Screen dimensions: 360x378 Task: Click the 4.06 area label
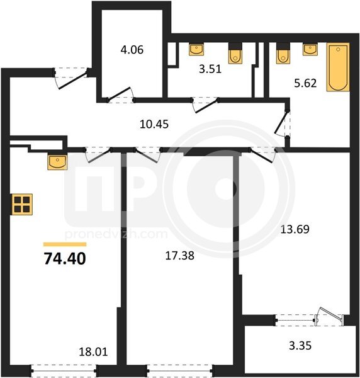132,50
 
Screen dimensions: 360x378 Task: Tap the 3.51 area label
210,69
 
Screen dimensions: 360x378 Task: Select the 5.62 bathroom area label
305,83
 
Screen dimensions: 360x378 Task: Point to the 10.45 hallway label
154,124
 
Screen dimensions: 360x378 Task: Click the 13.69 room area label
295,229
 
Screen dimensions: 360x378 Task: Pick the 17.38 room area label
180,256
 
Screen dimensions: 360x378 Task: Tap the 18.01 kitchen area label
93,352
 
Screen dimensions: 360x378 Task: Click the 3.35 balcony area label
300,345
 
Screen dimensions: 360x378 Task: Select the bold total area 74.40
65,259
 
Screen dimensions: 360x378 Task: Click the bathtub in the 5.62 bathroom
338,67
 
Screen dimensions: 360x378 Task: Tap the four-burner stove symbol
22,204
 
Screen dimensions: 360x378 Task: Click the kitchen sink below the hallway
57,163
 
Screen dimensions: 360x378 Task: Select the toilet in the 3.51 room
235,54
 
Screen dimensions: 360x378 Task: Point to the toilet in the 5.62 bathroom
283,54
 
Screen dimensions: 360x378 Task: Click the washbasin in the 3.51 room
196,49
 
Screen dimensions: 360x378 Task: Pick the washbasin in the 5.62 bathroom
310,49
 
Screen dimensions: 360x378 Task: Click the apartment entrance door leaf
73,79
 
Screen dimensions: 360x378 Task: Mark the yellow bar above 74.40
65,244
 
